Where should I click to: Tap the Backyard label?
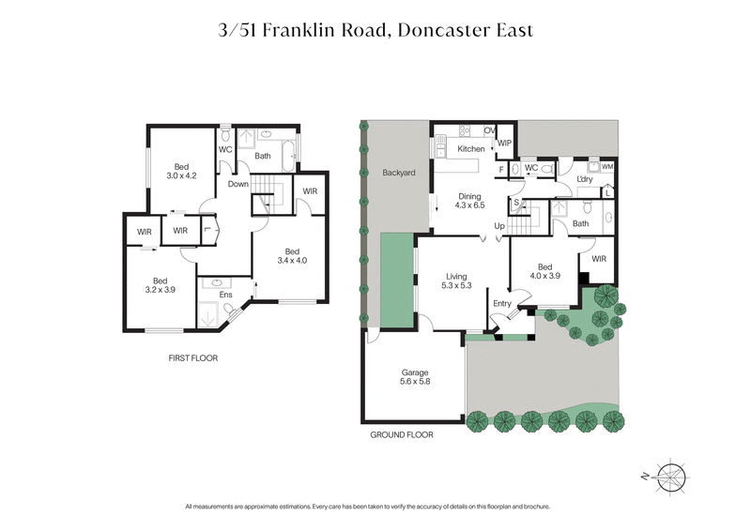pos(399,173)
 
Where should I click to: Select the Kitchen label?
pos(470,149)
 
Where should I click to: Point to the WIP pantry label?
pos(504,144)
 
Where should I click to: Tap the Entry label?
pos(502,302)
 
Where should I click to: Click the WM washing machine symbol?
pos(607,167)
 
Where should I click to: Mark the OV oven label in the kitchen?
pos(488,130)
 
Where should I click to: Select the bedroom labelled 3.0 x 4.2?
pos(181,173)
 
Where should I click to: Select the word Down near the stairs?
pos(238,184)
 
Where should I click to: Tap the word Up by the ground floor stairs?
pos(499,226)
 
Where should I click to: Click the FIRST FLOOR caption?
pos(193,358)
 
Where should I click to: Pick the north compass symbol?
pos(672,476)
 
